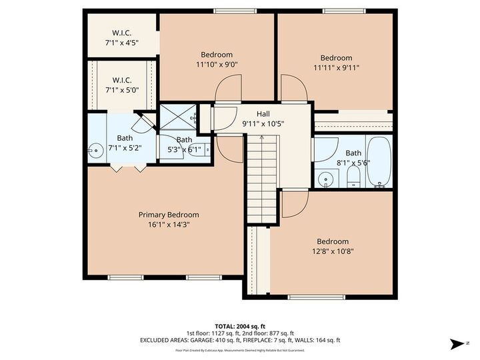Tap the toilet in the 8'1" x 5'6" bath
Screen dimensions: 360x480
click(354, 177)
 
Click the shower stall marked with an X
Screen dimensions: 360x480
click(177, 118)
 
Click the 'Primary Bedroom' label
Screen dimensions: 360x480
click(169, 215)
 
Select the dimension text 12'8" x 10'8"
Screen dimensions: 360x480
click(332, 251)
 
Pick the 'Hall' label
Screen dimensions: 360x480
click(253, 114)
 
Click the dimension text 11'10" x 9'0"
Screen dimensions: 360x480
click(217, 65)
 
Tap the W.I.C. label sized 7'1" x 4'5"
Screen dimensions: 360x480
click(121, 33)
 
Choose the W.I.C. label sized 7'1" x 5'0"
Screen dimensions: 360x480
click(121, 80)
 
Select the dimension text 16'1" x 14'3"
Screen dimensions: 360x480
click(169, 225)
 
